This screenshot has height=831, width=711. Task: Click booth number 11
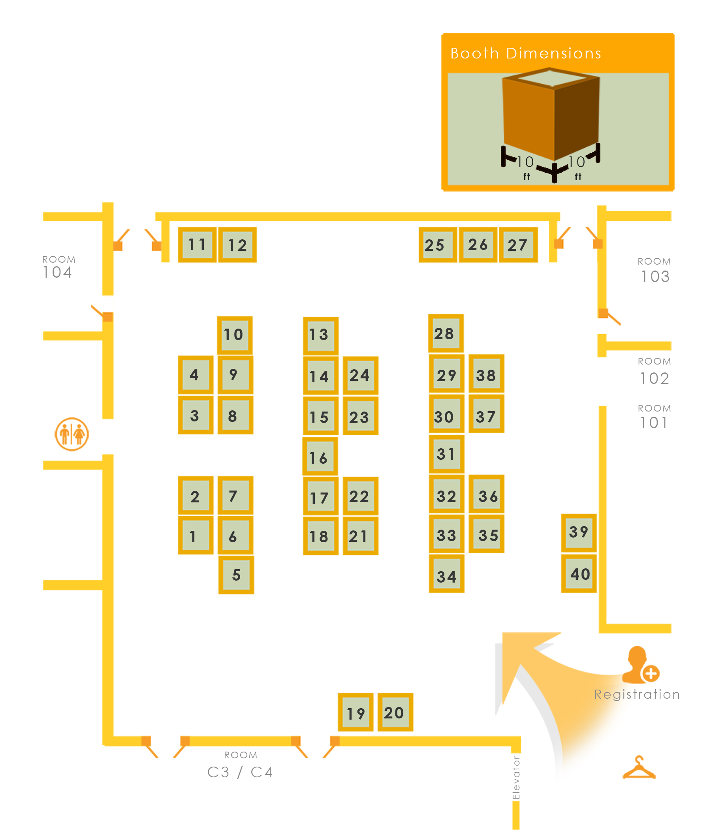click(197, 244)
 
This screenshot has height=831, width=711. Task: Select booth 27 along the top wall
click(518, 244)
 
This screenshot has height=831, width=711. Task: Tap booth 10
click(235, 335)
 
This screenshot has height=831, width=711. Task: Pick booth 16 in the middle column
click(320, 457)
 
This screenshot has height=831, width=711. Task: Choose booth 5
click(236, 574)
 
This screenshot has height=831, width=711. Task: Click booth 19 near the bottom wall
click(355, 713)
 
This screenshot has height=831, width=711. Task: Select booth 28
click(446, 333)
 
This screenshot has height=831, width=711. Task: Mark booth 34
click(446, 576)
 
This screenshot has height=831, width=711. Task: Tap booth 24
click(360, 375)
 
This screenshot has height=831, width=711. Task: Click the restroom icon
click(72, 434)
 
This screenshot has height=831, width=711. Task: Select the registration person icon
click(640, 666)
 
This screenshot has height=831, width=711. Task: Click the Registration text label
click(637, 694)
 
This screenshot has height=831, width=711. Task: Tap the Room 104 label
click(58, 267)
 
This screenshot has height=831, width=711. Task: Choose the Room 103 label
click(655, 271)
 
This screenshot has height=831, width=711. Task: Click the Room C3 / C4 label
click(240, 767)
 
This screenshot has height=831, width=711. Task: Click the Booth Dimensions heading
click(525, 53)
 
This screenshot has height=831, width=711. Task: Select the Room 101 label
click(654, 417)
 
